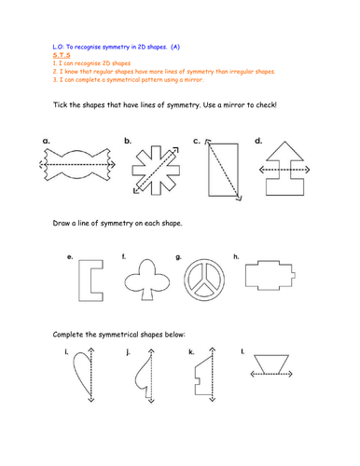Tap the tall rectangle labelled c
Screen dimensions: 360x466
[209, 170]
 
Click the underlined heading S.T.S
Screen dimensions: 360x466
[62, 55]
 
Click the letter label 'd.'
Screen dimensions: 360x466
[258, 141]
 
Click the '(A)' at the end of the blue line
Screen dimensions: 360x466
[175, 47]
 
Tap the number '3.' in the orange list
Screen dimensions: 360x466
[55, 79]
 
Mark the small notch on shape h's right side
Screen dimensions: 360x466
[294, 275]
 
